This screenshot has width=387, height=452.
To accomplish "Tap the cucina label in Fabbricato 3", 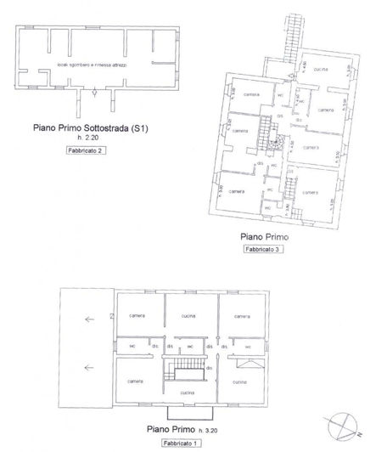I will tap(319, 68).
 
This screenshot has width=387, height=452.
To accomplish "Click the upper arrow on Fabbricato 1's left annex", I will tap(87, 320).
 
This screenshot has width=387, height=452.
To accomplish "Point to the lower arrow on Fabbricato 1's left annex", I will tap(87, 368).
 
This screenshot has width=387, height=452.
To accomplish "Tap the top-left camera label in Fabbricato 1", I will tap(137, 315).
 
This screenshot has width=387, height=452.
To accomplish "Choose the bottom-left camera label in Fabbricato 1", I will tap(136, 382).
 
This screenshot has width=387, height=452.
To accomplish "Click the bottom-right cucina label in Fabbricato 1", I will tap(238, 383).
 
